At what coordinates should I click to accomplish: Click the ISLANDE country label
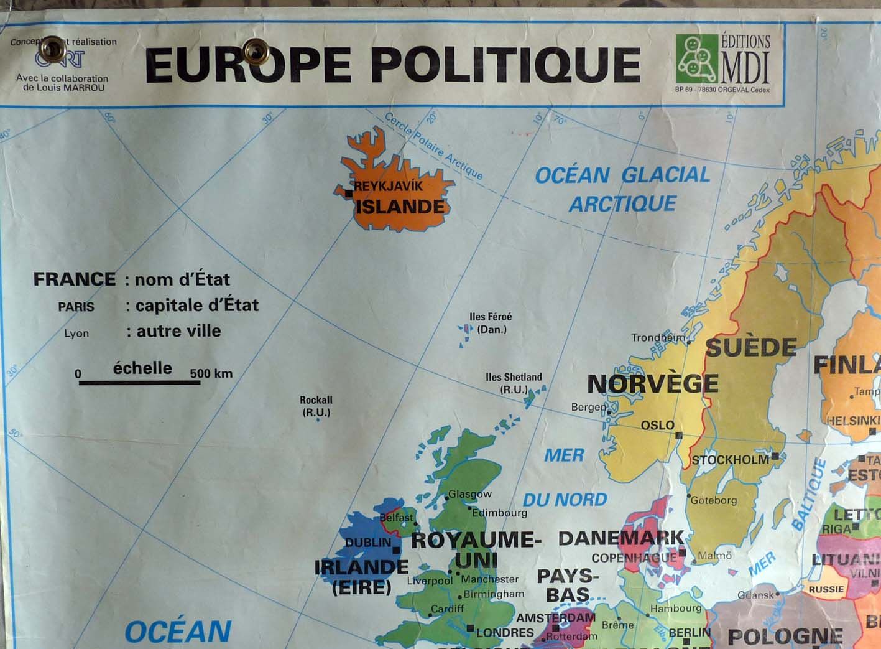tap(400, 206)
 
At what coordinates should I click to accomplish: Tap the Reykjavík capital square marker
tap(349, 194)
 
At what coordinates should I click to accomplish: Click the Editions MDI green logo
tap(696, 58)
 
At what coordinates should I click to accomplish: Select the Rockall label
tap(316, 406)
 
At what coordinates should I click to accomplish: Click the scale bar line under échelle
tap(139, 382)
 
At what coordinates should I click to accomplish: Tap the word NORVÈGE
tap(652, 383)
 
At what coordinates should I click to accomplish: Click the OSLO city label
tap(657, 425)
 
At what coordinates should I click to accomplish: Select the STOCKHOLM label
tap(731, 460)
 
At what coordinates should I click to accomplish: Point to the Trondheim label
tap(657, 337)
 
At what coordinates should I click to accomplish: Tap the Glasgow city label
tap(470, 494)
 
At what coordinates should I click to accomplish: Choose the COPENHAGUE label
tap(634, 558)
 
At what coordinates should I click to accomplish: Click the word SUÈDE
tap(751, 347)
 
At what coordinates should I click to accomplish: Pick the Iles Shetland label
tap(514, 383)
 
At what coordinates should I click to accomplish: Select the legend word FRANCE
tap(75, 279)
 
